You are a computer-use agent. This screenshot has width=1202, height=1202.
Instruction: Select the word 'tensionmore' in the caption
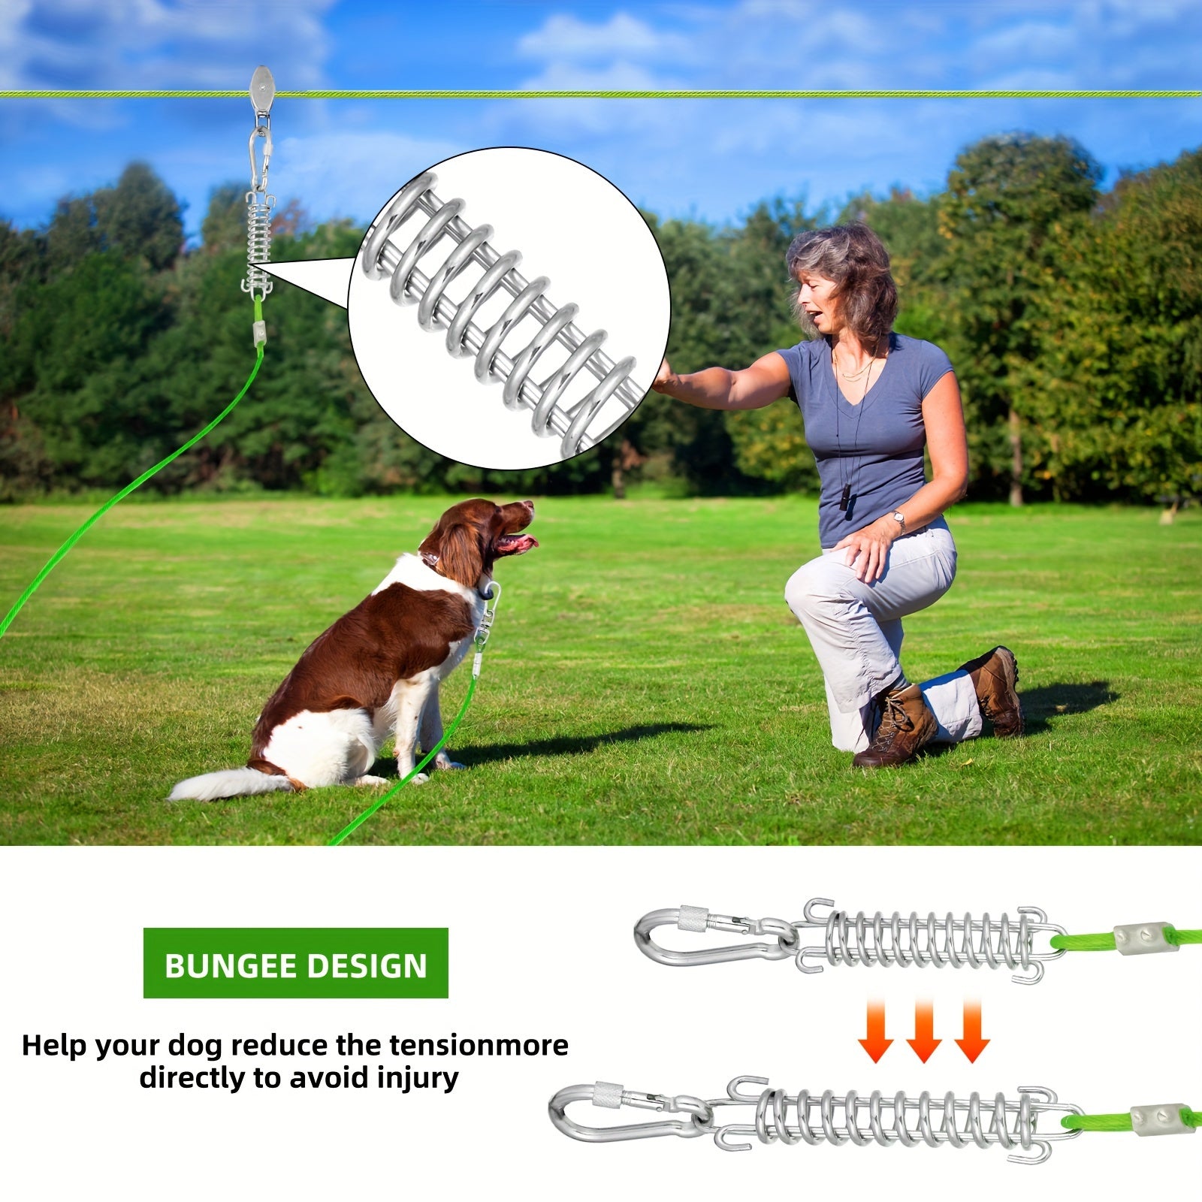pyautogui.click(x=479, y=1045)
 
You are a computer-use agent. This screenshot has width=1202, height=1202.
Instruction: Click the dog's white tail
pyautogui.click(x=218, y=785)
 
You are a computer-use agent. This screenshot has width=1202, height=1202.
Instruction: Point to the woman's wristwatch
pyautogui.click(x=898, y=520)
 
